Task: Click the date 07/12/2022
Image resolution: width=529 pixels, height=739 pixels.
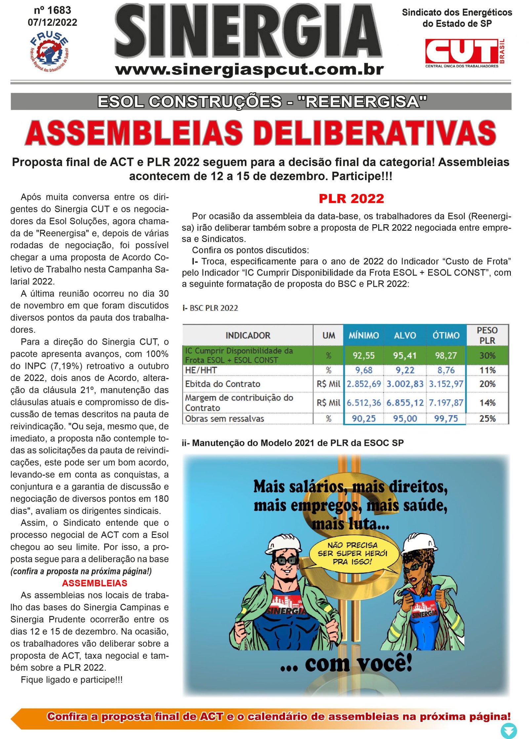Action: pyautogui.click(x=52, y=22)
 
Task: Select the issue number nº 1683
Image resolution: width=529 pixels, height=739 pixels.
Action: pyautogui.click(x=52, y=10)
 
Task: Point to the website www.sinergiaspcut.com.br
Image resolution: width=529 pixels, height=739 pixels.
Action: pyautogui.click(x=250, y=70)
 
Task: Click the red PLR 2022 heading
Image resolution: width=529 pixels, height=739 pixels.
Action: pyautogui.click(x=351, y=199)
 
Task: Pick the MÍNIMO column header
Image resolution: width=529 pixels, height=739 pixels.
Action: pyautogui.click(x=363, y=335)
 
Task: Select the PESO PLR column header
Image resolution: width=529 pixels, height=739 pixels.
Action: pyautogui.click(x=487, y=335)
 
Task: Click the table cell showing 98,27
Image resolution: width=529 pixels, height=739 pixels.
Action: pyautogui.click(x=446, y=355)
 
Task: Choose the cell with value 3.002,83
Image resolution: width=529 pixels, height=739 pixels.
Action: pyautogui.click(x=405, y=384)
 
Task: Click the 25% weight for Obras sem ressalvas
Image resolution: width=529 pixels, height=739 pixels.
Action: pyautogui.click(x=487, y=418)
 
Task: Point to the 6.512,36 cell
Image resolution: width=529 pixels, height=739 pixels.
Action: pyautogui.click(x=363, y=403)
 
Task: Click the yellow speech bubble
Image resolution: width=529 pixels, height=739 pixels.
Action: pyautogui.click(x=352, y=553)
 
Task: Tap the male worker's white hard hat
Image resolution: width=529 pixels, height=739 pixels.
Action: pyautogui.click(x=284, y=543)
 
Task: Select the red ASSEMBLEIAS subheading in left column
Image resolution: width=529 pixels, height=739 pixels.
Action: pyautogui.click(x=95, y=583)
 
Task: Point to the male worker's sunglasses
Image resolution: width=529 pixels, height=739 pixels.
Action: pyautogui.click(x=285, y=560)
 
